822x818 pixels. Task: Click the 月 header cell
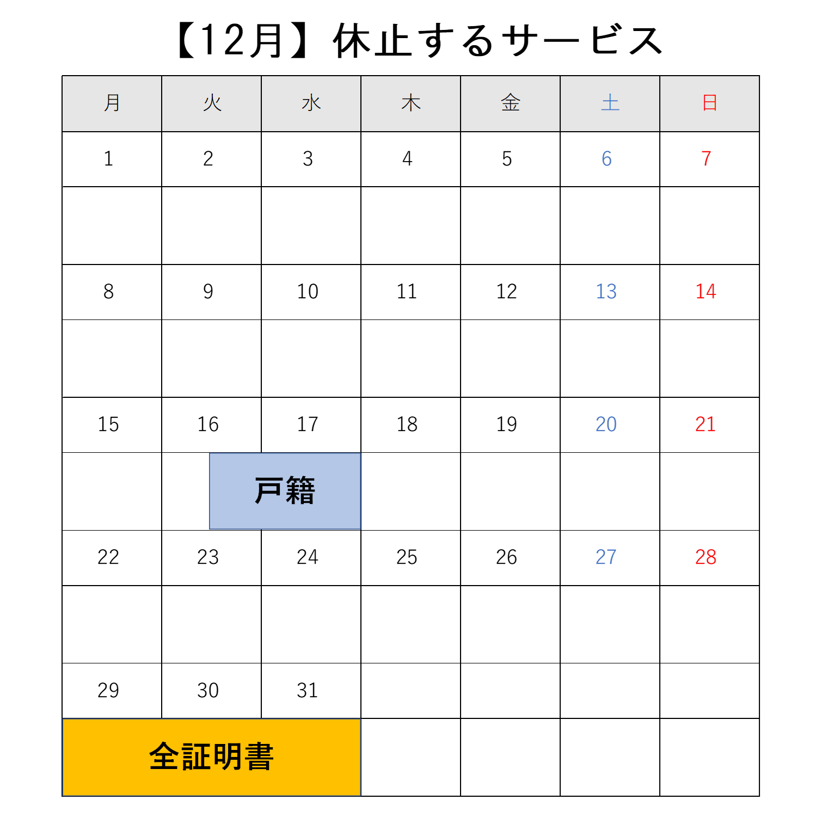coord(112,103)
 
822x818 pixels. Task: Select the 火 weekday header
coord(212,103)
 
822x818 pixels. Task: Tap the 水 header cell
coord(311,103)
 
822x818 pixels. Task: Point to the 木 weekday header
coord(411,103)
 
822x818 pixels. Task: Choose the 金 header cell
coord(511,103)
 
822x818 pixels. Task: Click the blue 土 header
coord(610,103)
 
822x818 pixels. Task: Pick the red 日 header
coord(710,103)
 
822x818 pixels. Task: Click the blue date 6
coord(607,159)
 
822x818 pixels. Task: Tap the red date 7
coord(707,159)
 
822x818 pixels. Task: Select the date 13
coord(606,292)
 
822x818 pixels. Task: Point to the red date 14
coord(706,292)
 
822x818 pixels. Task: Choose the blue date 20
coord(606,425)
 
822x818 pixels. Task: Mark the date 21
coord(706,425)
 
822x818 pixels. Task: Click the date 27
coord(606,557)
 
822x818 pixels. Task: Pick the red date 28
coord(706,557)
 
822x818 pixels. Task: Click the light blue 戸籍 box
coord(285,491)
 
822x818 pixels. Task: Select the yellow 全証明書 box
coord(211,757)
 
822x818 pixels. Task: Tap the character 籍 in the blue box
coord(300,490)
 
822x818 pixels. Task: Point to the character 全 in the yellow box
coord(164,757)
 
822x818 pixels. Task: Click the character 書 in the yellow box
coord(259,757)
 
